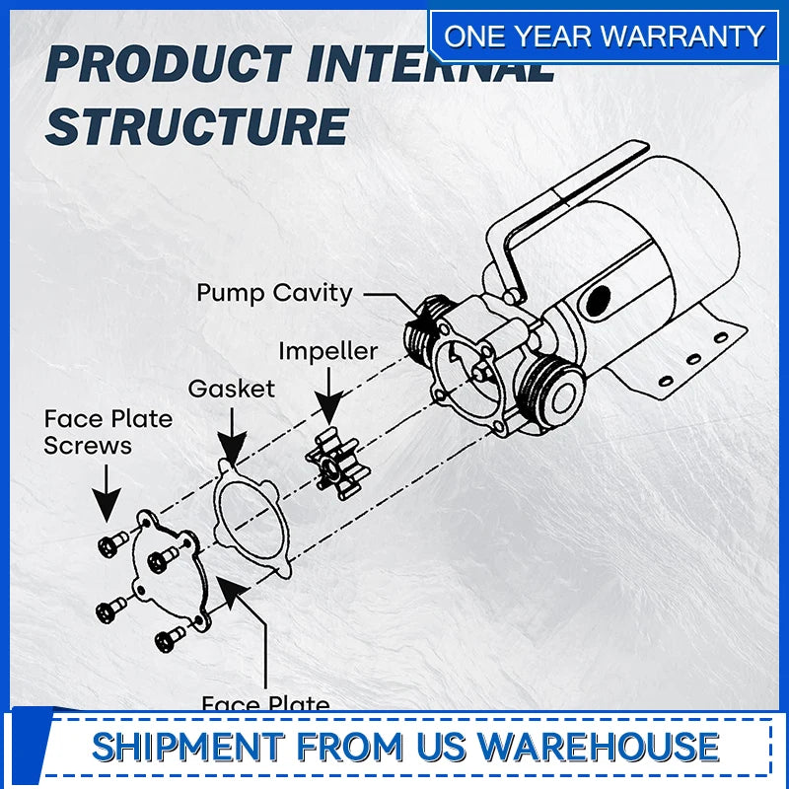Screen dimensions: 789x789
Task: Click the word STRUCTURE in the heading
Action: (x=197, y=126)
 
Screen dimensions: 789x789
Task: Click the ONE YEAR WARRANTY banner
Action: (x=604, y=36)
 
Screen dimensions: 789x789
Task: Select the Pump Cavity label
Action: (x=274, y=293)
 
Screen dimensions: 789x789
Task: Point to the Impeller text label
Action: (x=327, y=351)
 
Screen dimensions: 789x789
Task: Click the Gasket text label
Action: (x=232, y=389)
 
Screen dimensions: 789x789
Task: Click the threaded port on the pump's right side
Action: (x=552, y=388)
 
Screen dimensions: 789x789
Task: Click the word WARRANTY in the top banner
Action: (x=683, y=36)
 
